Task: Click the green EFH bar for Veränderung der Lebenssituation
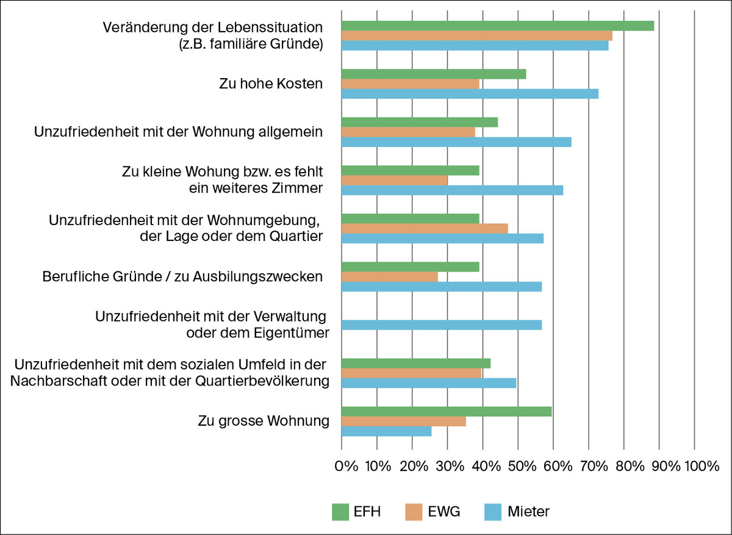tap(497, 26)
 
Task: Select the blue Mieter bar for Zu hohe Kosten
tap(470, 94)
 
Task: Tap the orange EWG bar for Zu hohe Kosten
tap(410, 84)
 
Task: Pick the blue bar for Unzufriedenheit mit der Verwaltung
tap(441, 325)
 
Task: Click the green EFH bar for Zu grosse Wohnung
tap(446, 412)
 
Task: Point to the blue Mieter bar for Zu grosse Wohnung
tap(386, 431)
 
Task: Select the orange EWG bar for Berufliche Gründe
tap(389, 277)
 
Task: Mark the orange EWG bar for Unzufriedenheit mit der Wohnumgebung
tap(425, 229)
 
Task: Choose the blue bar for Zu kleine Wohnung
tap(452, 190)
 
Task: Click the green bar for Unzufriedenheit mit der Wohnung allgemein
tap(419, 122)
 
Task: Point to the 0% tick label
tap(347, 467)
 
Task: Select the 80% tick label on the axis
tap(630, 467)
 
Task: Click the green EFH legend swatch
tap(339, 512)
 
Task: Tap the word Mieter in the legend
tap(528, 512)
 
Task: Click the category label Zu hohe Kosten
tap(271, 84)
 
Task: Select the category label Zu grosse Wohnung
tap(264, 422)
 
